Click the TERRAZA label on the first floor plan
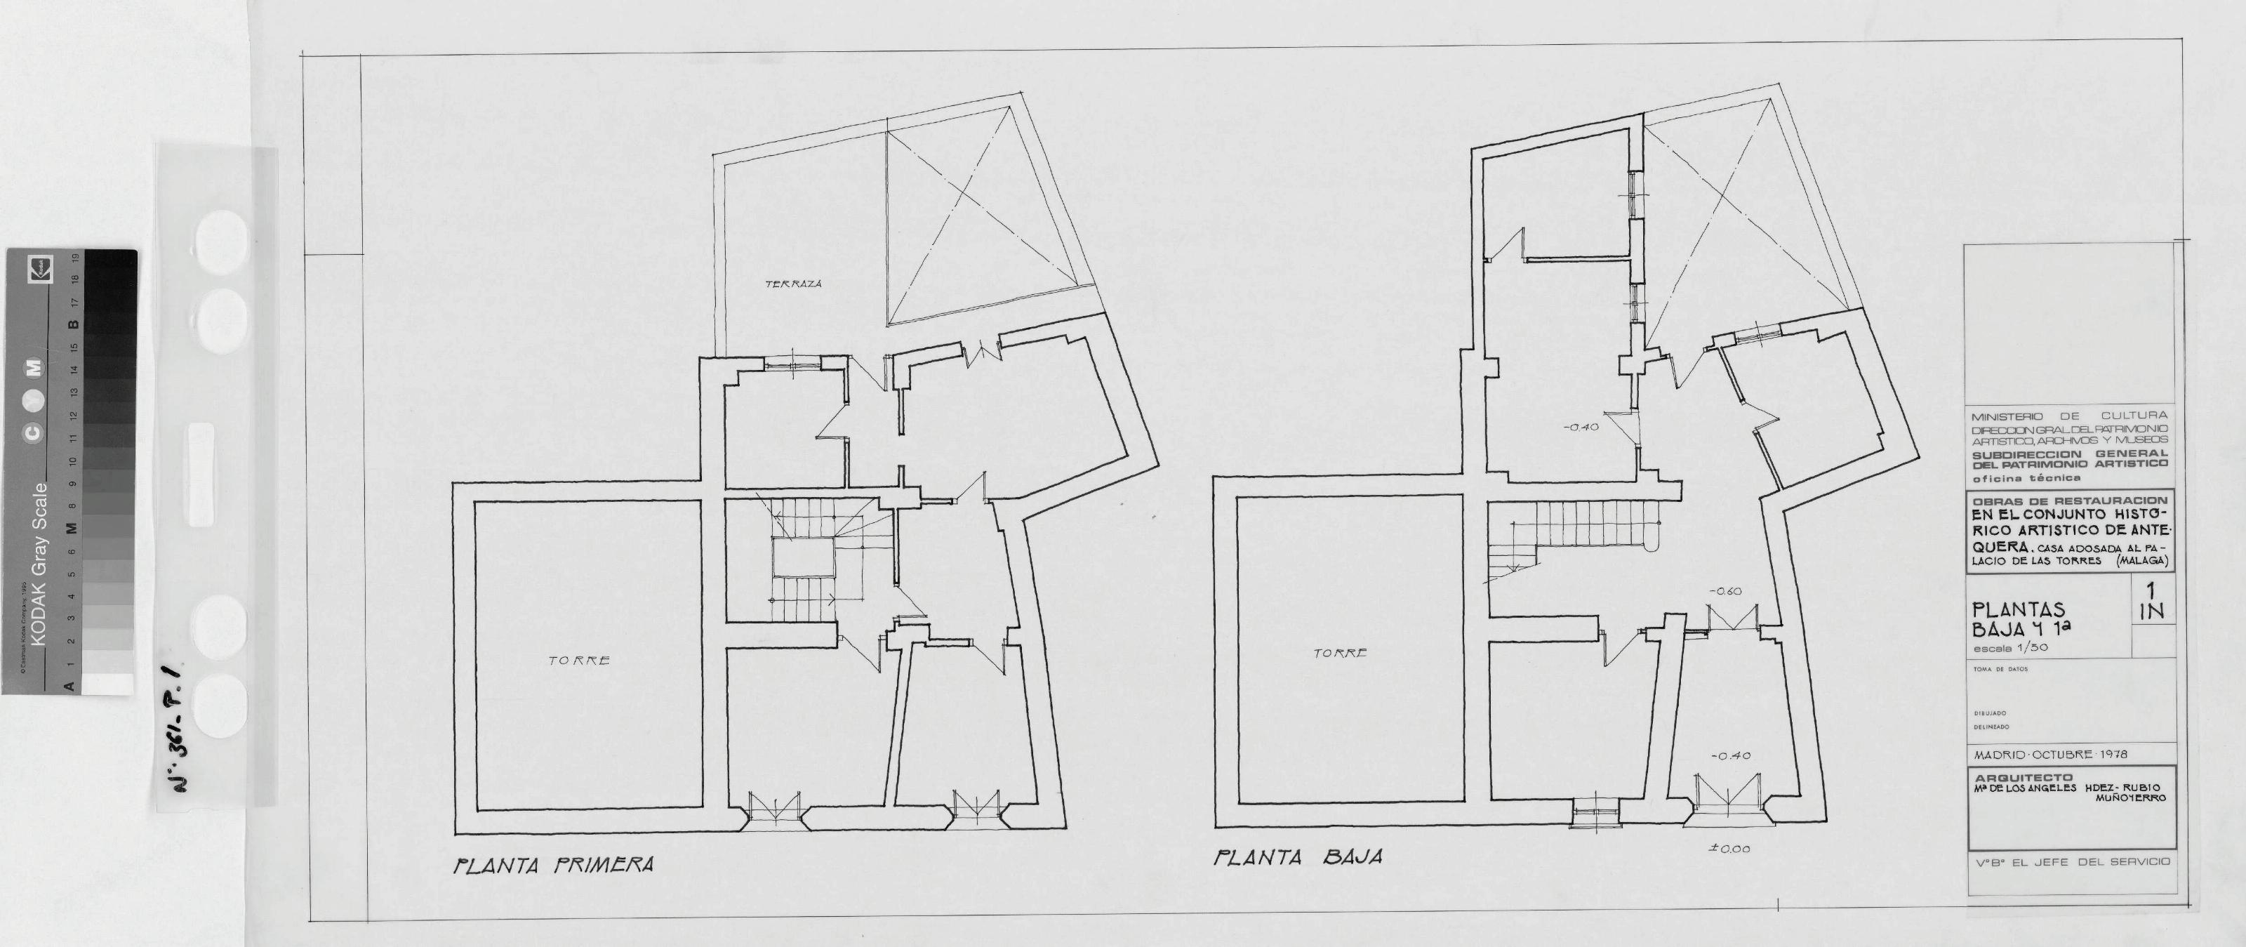pyautogui.click(x=793, y=284)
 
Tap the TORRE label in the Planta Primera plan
pyautogui.click(x=579, y=661)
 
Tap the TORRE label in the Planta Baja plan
pyautogui.click(x=1340, y=653)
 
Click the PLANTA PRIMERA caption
pyautogui.click(x=554, y=865)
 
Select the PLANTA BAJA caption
pyautogui.click(x=1299, y=858)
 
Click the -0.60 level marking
pyautogui.click(x=1725, y=591)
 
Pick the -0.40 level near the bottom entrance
pyautogui.click(x=1725, y=756)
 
